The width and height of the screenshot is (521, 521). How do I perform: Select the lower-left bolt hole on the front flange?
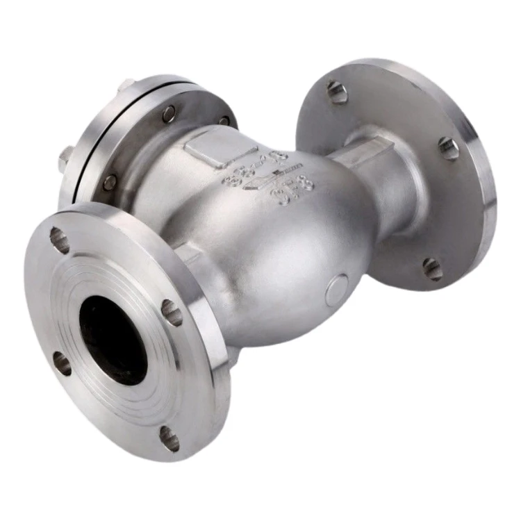point(62,363)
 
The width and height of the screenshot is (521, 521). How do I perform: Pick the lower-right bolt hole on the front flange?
point(169,438)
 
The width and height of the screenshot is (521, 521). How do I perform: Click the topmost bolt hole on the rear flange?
point(338,92)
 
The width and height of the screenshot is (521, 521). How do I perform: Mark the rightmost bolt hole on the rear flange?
point(449,147)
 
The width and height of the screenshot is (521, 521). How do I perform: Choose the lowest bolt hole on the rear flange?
point(433,269)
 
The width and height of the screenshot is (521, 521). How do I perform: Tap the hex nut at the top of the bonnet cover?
point(126,85)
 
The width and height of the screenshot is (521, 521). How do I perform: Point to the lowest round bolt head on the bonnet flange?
point(109,182)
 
